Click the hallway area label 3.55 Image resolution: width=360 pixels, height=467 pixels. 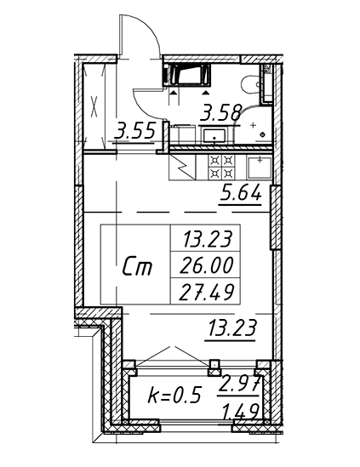[x=136, y=131]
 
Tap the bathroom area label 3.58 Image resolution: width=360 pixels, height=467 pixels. [x=221, y=113]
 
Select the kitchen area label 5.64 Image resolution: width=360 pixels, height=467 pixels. [x=241, y=193]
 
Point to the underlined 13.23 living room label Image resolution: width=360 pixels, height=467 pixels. [x=232, y=328]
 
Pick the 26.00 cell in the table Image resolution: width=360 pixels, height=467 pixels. [x=206, y=265]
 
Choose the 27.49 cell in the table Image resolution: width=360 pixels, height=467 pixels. [x=206, y=292]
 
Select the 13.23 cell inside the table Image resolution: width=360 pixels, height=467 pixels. [x=208, y=239]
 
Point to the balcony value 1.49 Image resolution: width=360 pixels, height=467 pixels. [x=239, y=413]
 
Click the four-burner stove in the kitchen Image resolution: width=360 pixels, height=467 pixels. [x=221, y=167]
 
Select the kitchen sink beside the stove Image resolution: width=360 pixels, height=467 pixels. [x=260, y=168]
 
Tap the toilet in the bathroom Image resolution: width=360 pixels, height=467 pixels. [x=250, y=85]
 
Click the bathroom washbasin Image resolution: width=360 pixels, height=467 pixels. [x=214, y=135]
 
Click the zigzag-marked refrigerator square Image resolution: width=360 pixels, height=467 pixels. [x=182, y=167]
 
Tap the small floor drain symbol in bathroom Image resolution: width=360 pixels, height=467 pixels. [x=262, y=134]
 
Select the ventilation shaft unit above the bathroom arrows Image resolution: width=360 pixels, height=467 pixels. [x=187, y=75]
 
